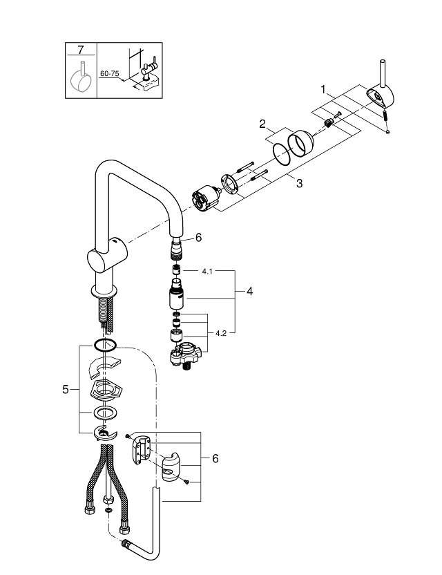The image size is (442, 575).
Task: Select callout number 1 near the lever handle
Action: coord(322,88)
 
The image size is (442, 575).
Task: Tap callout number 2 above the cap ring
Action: coord(263,125)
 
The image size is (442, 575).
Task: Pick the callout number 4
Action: coord(249,292)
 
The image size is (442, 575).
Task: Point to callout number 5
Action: coord(66,389)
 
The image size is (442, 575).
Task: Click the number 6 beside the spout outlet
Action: coord(198,237)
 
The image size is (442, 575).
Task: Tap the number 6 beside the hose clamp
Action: coord(215,458)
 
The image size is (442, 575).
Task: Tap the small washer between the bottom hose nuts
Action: coord(108,510)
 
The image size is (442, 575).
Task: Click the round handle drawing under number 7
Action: coord(81,80)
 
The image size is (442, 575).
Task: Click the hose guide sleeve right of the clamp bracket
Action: coord(171,468)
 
